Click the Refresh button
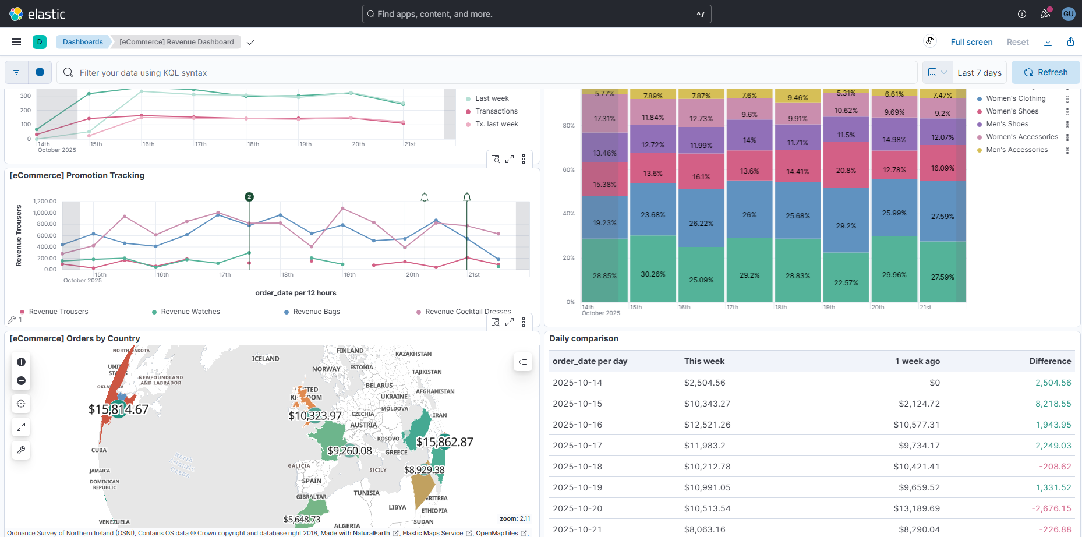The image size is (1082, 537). click(1045, 72)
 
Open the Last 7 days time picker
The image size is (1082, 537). click(979, 73)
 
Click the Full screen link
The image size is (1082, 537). click(971, 42)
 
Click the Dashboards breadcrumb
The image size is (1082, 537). click(83, 42)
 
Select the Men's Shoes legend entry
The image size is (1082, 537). click(1007, 124)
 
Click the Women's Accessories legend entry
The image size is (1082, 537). click(1021, 137)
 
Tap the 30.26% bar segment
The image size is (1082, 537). click(653, 274)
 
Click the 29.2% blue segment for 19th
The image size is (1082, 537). click(846, 225)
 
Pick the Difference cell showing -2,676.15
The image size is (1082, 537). click(1051, 508)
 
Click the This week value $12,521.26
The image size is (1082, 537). click(707, 425)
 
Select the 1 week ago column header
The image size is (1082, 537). click(917, 361)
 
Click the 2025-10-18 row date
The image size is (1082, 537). click(577, 467)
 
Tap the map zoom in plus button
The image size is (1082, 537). click(21, 362)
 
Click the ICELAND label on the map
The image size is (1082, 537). click(266, 359)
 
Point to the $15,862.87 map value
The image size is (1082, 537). click(444, 442)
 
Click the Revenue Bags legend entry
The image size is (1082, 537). click(316, 312)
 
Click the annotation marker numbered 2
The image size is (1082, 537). click(249, 197)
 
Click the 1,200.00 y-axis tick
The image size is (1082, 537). click(45, 201)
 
